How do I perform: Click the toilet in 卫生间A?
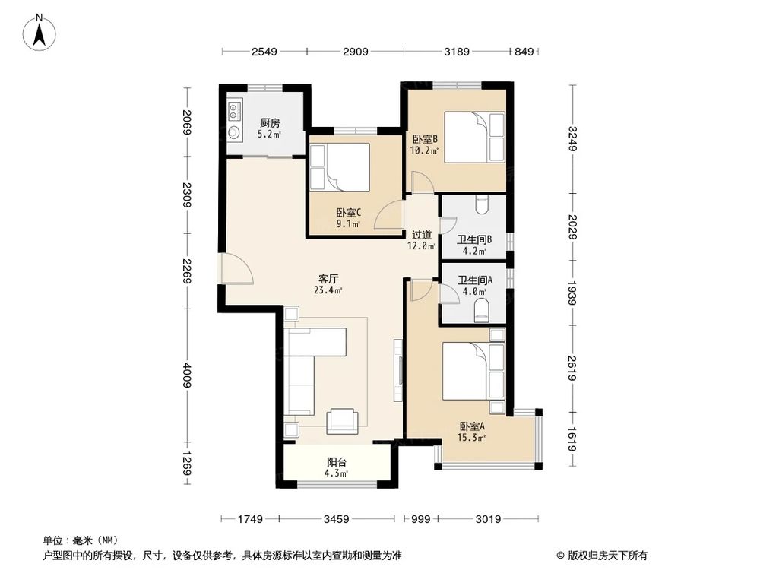pyautogui.click(x=480, y=310)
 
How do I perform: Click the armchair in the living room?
pyautogui.click(x=342, y=420)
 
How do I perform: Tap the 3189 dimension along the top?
pyautogui.click(x=456, y=52)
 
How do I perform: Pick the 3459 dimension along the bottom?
pyautogui.click(x=336, y=519)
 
